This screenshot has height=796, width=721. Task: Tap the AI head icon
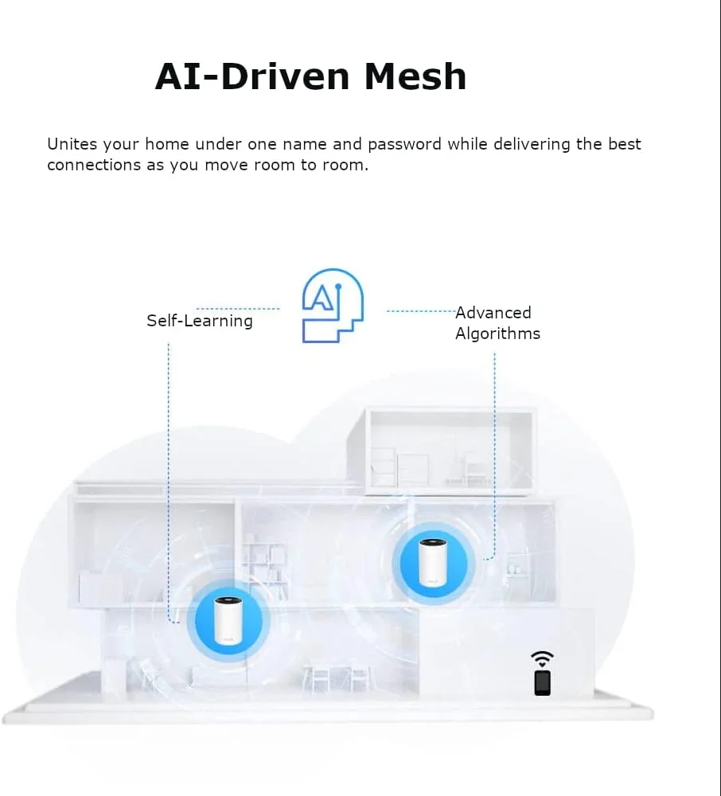coord(333,306)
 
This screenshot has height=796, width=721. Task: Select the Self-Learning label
coord(199,321)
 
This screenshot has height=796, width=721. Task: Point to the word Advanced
coord(493,313)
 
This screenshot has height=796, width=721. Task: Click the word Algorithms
coord(497,334)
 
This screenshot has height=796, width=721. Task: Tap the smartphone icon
coord(542,683)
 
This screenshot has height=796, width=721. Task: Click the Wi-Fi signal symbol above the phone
coord(542,657)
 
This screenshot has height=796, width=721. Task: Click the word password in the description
coord(404,144)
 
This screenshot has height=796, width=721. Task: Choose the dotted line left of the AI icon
coord(238,308)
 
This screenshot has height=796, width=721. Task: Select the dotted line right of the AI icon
coord(420,311)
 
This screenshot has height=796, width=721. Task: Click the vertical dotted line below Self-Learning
coord(169,478)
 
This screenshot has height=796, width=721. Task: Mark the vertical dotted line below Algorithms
coord(494,454)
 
